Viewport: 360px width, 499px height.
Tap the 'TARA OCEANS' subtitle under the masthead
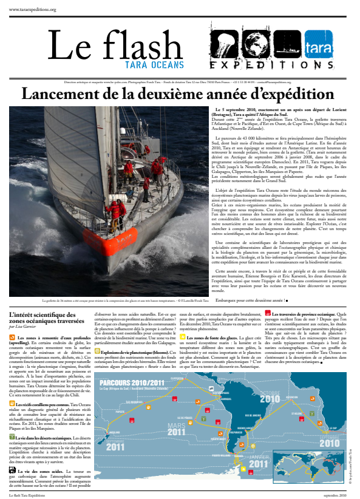tap(155, 64)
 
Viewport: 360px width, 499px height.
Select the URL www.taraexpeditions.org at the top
tap(33, 10)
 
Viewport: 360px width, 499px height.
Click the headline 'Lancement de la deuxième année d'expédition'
tap(180, 93)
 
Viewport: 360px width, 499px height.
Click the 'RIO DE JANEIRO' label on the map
tap(254, 415)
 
